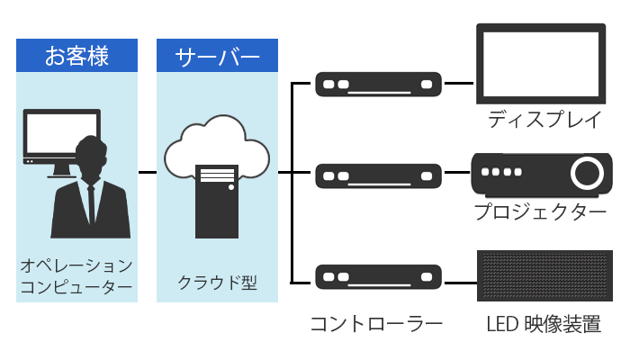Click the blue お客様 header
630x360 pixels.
[76, 56]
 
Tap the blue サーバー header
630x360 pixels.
[216, 56]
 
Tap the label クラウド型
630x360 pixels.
[216, 282]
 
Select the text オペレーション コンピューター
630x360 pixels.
[76, 276]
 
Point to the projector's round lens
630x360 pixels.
[586, 170]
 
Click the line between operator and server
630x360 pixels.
[147, 171]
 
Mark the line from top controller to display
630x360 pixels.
[459, 85]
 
